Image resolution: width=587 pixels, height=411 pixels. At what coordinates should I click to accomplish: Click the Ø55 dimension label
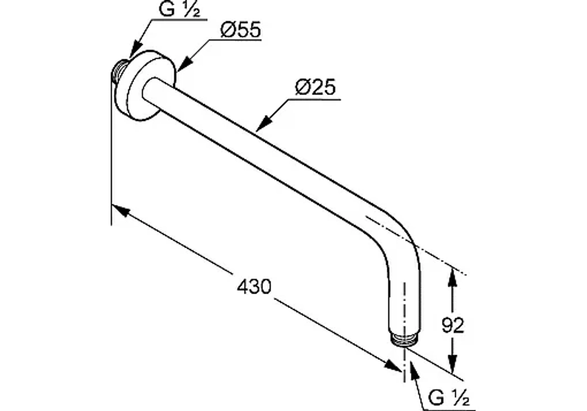(240, 29)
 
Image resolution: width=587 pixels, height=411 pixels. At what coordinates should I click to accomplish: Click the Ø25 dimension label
(315, 87)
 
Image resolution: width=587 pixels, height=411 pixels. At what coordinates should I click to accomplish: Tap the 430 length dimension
(254, 287)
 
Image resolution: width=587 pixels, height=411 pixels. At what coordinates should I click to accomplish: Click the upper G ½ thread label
(180, 9)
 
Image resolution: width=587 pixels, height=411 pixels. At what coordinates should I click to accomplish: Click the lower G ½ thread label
(449, 397)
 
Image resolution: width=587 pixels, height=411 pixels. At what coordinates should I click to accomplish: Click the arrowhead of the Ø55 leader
(184, 63)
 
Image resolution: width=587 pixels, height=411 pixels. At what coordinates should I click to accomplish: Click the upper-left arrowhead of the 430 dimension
(120, 210)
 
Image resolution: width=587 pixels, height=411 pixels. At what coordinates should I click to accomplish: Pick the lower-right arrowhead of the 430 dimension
(393, 366)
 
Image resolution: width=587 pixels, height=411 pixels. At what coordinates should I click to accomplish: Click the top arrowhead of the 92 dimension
(453, 278)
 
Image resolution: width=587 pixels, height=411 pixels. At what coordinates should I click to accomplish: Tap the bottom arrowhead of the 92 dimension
(453, 364)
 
